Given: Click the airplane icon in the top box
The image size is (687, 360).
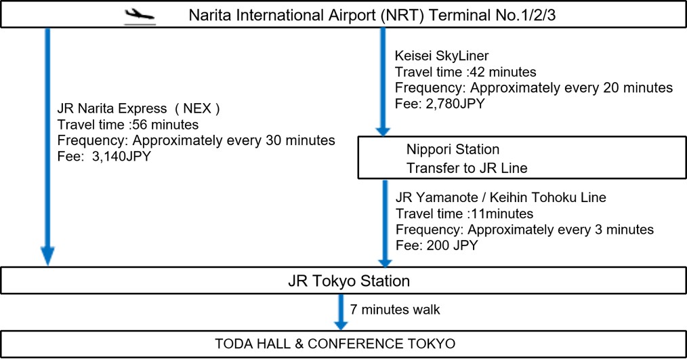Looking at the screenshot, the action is pyautogui.click(x=140, y=16).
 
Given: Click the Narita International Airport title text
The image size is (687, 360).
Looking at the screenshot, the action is pyautogui.click(x=372, y=16).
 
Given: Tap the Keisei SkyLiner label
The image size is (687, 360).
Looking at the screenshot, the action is pyautogui.click(x=442, y=56).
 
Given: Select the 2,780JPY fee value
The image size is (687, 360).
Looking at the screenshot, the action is pyautogui.click(x=456, y=104).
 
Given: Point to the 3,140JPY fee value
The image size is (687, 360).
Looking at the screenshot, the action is pyautogui.click(x=121, y=156).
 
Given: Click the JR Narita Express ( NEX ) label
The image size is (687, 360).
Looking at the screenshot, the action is pyautogui.click(x=139, y=108).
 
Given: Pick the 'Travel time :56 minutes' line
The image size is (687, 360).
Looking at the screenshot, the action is pyautogui.click(x=128, y=125).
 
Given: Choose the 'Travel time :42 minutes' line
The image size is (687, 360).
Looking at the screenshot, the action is pyautogui.click(x=465, y=72).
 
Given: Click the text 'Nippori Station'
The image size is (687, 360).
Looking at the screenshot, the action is pyautogui.click(x=453, y=149).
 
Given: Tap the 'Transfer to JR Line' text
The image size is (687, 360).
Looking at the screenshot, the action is pyautogui.click(x=467, y=168).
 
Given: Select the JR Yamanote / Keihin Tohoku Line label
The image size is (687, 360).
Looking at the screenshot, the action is pyautogui.click(x=501, y=197).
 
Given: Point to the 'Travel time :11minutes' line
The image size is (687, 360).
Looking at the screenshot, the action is pyautogui.click(x=464, y=214).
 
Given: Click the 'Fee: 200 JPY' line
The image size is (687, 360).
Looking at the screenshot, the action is pyautogui.click(x=436, y=245).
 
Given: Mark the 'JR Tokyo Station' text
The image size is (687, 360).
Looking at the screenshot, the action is pyautogui.click(x=349, y=281).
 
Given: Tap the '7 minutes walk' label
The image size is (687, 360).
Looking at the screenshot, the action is pyautogui.click(x=395, y=310).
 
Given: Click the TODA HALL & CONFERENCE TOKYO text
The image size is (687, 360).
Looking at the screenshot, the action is pyautogui.click(x=335, y=343).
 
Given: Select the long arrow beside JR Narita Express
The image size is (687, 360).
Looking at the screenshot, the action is pyautogui.click(x=47, y=147).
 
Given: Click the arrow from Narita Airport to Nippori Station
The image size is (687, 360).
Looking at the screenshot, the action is pyautogui.click(x=383, y=82).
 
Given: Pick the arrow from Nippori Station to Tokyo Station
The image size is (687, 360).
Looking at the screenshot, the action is pyautogui.click(x=385, y=224).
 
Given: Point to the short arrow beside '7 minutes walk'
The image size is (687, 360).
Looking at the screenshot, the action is pyautogui.click(x=341, y=313).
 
